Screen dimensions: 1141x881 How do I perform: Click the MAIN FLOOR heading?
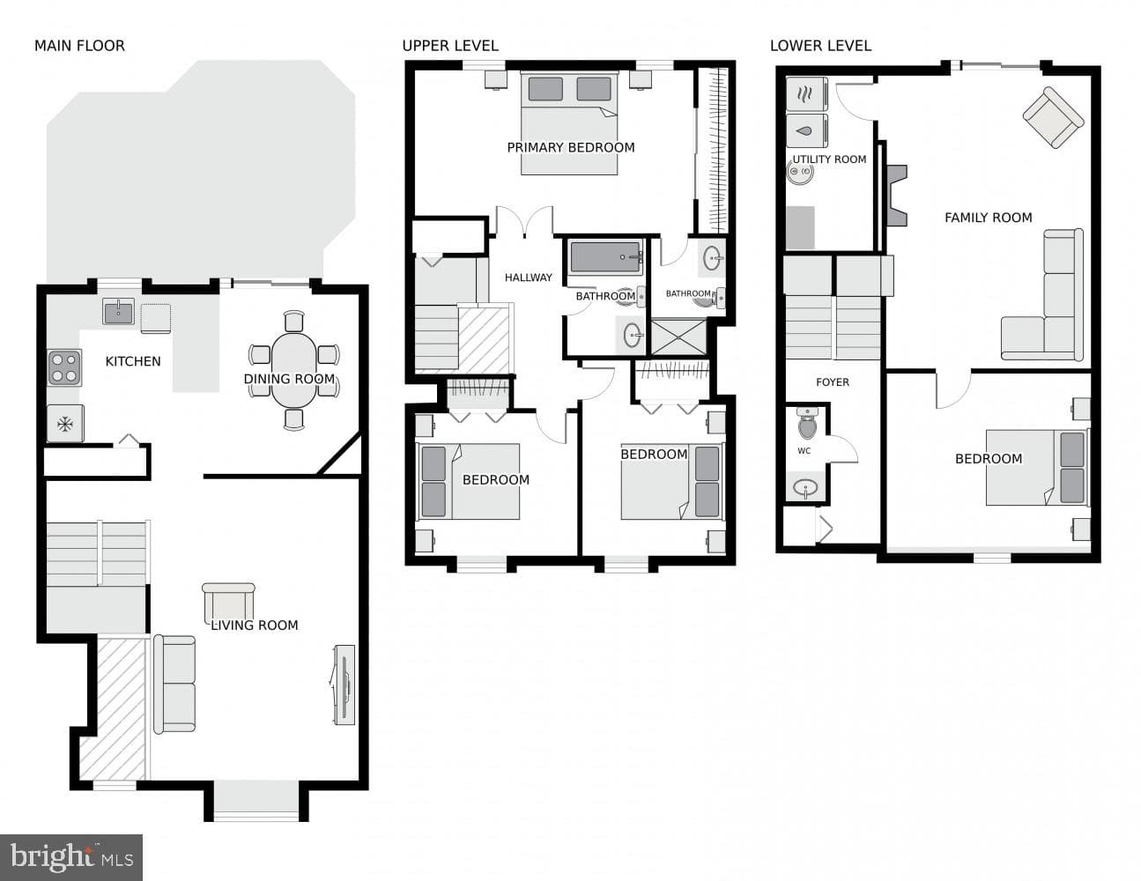pos(80,46)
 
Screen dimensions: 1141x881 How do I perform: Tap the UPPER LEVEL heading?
pos(450,46)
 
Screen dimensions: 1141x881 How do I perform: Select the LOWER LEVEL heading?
pos(820,46)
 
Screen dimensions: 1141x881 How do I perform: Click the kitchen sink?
pos(119,311)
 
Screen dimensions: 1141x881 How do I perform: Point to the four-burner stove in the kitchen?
pos(64,367)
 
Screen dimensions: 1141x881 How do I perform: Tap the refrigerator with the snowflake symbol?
pos(65,423)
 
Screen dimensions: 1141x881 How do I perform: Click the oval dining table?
pos(294,370)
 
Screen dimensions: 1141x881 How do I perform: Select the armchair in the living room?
pos(228,603)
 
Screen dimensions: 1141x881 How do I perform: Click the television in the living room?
pos(344,685)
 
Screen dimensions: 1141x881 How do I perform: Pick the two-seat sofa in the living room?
pos(174,685)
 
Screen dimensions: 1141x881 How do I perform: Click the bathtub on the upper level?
pos(606,257)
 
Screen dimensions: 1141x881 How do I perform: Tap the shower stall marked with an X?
pos(678,336)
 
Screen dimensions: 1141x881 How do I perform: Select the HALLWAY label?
pos(529,278)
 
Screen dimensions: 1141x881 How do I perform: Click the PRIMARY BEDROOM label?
pos(571,147)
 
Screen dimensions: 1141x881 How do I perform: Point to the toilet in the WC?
pos(807,423)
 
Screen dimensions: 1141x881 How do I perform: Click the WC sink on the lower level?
pos(805,488)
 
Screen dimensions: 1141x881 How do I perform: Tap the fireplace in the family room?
pos(897,196)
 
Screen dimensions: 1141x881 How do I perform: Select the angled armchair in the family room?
pos(1053,117)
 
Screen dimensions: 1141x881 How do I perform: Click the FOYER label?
pos(833,382)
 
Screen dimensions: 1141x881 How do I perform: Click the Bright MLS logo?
pos(71,857)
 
